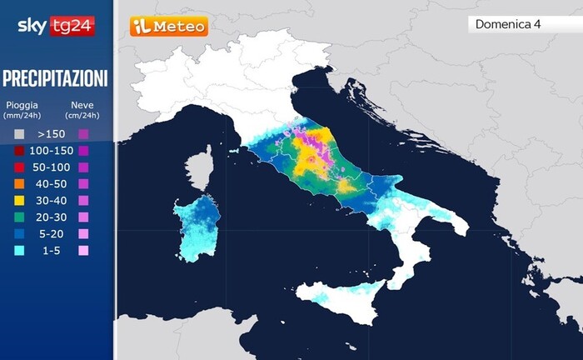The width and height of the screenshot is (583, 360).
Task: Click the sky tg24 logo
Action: point(56,26)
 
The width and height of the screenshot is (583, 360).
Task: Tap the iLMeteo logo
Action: point(168,27)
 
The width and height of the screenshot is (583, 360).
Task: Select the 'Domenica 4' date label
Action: point(508,23)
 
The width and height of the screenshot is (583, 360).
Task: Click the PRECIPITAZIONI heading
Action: point(55,79)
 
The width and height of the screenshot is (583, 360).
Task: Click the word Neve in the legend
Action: point(82,105)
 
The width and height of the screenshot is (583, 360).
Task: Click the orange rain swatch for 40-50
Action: point(18,183)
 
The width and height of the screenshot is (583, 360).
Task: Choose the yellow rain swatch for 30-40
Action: point(18,200)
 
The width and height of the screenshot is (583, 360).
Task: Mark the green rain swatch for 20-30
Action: point(18,217)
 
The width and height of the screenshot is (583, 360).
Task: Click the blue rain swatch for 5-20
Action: point(18,233)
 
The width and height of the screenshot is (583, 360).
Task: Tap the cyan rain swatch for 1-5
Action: point(18,250)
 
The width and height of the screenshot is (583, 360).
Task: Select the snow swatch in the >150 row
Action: point(82,133)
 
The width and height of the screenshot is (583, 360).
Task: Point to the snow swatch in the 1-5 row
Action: point(82,250)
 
